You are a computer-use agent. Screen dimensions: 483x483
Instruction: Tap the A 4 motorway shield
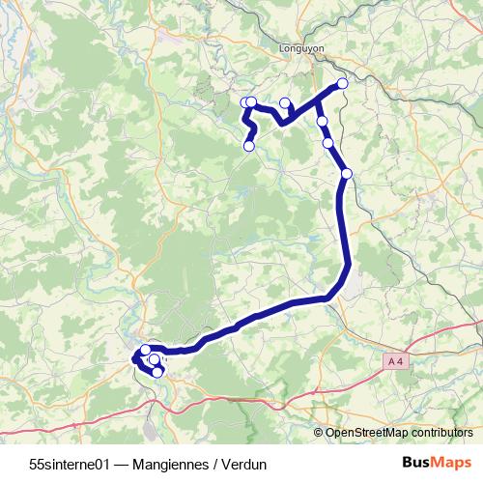pyautogui.click(x=392, y=360)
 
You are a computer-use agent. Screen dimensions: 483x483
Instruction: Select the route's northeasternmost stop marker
pyautogui.click(x=342, y=84)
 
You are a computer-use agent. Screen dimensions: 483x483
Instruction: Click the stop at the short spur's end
pyautogui.click(x=284, y=102)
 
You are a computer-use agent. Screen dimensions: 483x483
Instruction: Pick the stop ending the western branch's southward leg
pyautogui.click(x=249, y=146)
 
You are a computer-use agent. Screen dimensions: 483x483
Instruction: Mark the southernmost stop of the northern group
pyautogui.click(x=347, y=174)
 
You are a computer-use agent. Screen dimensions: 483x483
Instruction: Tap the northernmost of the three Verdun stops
pyautogui.click(x=146, y=350)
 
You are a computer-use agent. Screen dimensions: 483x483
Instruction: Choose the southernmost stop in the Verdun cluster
pyautogui.click(x=157, y=372)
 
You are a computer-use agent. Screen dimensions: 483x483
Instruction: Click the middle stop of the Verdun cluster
pyautogui.click(x=154, y=360)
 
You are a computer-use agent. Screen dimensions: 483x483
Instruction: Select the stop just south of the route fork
pyautogui.click(x=322, y=122)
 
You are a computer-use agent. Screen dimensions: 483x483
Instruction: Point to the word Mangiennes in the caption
pyautogui.click(x=175, y=464)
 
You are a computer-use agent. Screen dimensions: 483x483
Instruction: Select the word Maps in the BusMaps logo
pyautogui.click(x=451, y=463)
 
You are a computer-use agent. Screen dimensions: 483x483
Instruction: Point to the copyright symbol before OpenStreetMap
pyautogui.click(x=319, y=434)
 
